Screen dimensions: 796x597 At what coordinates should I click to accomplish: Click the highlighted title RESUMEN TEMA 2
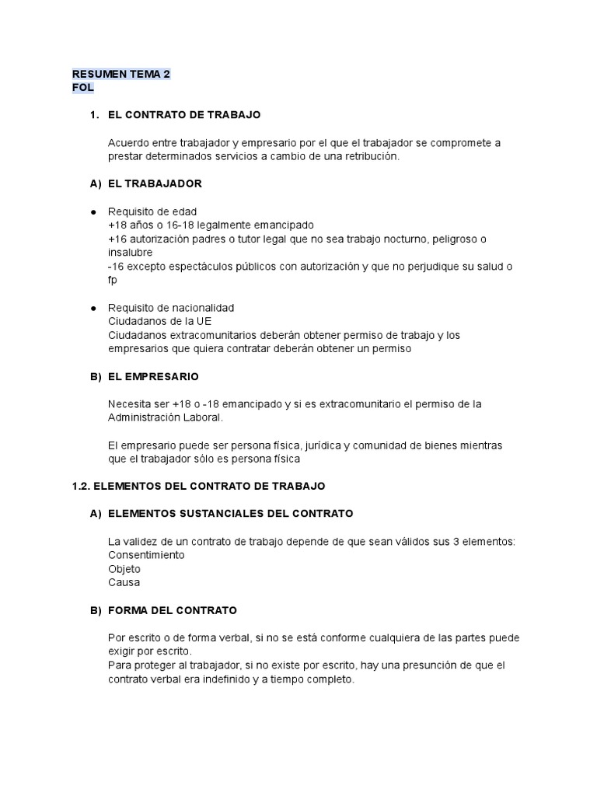click(120, 74)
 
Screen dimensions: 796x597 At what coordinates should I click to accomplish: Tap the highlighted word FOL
click(82, 88)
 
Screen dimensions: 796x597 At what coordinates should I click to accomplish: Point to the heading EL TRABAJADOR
click(155, 183)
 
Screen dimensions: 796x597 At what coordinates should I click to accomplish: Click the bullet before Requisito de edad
click(93, 211)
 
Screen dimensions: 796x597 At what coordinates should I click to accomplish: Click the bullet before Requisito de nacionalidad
click(93, 308)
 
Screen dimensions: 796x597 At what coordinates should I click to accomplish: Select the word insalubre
click(130, 253)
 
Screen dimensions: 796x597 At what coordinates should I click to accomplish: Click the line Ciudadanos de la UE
click(159, 322)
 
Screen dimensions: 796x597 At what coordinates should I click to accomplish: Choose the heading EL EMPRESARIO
click(153, 376)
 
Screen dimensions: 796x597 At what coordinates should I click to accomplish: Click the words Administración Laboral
click(165, 417)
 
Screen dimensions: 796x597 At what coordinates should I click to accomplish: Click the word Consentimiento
click(146, 555)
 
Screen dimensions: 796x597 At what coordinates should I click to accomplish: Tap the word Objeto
click(124, 569)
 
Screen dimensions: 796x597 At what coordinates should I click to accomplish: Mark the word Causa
click(124, 582)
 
